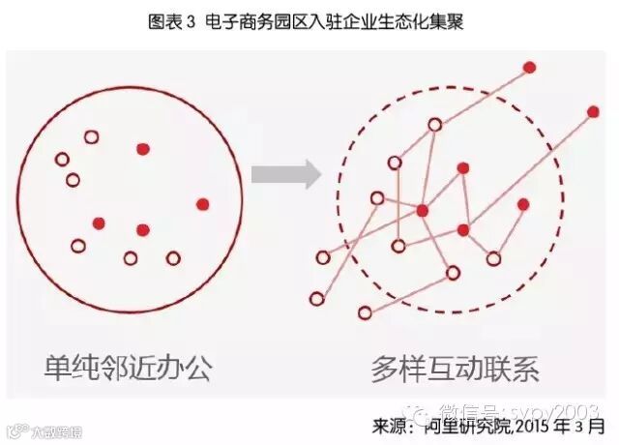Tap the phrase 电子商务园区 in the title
(x=248, y=22)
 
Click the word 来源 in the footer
(x=391, y=425)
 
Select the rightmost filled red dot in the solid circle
(x=202, y=204)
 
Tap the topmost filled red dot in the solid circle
(x=143, y=149)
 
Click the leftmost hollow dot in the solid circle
(x=62, y=159)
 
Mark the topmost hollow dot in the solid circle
(x=91, y=137)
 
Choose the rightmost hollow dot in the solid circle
(x=173, y=258)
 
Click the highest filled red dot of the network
(x=529, y=67)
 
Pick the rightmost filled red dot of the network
(x=593, y=111)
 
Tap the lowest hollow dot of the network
(x=365, y=312)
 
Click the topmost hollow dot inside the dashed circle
(x=435, y=124)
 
